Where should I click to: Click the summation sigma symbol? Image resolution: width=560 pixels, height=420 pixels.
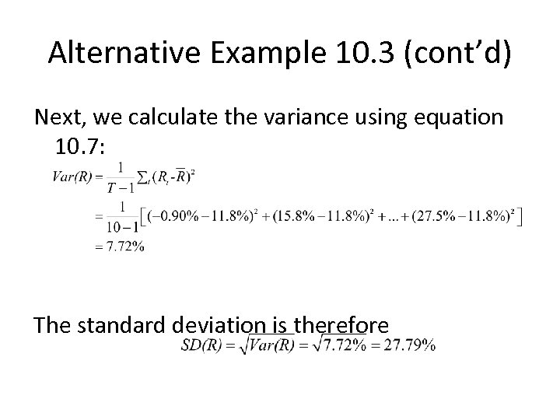[142, 177]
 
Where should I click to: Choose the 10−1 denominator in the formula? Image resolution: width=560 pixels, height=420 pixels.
[121, 226]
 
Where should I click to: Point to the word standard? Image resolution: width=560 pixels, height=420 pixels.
[114, 324]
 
